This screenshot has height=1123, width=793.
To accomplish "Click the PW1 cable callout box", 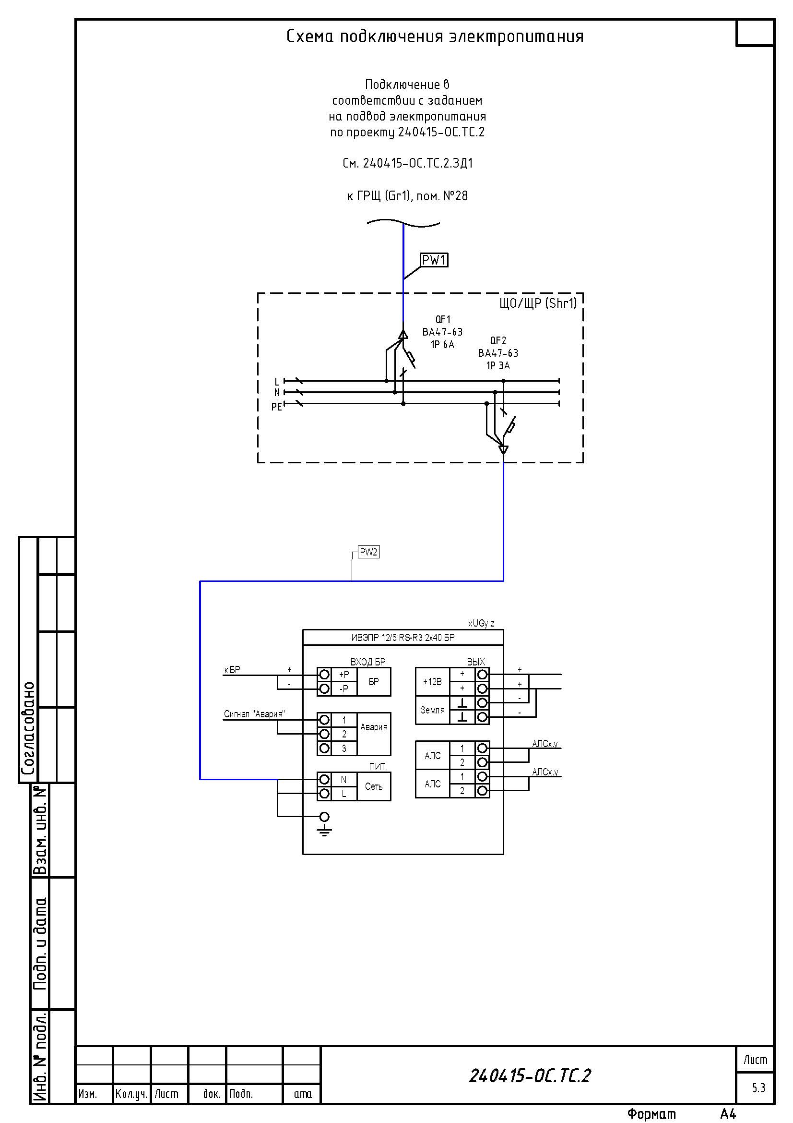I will (434, 260).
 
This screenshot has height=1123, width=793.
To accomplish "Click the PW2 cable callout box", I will (368, 552).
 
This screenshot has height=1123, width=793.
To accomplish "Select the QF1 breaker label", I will (443, 319).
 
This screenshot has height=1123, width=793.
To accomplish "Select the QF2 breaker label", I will (498, 340).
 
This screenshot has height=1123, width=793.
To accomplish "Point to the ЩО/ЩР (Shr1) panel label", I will (538, 303).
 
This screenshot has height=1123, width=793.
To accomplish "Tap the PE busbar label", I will (276, 407).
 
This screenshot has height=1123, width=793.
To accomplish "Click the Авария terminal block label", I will (374, 727).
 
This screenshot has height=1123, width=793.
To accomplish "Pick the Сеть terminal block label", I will (374, 786).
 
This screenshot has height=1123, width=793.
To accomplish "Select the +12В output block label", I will (432, 682).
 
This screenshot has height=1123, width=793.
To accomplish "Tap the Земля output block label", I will (432, 710).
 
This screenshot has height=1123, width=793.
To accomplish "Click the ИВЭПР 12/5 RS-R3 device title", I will (402, 638).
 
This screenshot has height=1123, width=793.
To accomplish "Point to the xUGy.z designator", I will (481, 624).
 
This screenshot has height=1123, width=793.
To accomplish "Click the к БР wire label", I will (232, 670).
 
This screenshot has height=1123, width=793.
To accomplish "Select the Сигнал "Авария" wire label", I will (254, 714).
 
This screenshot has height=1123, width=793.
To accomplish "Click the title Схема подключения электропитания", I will (435, 36).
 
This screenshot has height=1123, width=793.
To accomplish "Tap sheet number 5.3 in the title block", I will (758, 1088).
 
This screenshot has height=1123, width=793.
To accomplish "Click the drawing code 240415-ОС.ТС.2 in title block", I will (530, 1075).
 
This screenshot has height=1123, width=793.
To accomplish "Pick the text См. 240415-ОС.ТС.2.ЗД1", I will (407, 163).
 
